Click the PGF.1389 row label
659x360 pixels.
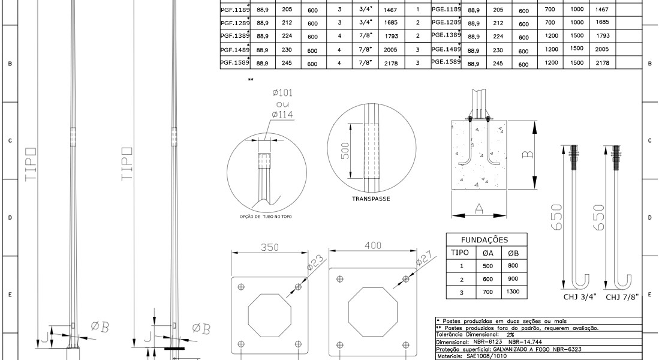coord(235,36)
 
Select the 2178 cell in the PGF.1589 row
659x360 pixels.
coord(390,62)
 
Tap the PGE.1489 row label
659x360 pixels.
coord(446,49)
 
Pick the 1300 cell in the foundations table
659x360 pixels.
coord(513,292)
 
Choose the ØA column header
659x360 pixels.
coord(488,253)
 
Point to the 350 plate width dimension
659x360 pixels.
coord(269,247)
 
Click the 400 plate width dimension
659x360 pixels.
coord(373,245)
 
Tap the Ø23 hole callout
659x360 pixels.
coord(316,262)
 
